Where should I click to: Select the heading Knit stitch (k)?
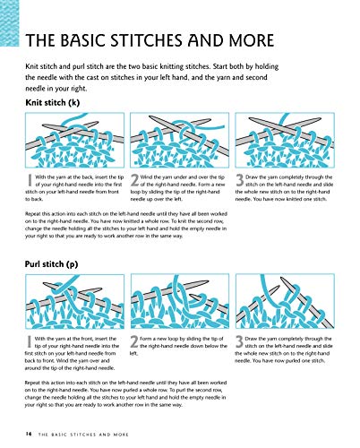click(53, 103)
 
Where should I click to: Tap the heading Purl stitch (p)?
click(51, 264)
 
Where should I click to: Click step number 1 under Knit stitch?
click(30, 180)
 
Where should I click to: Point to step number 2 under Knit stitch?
click(134, 180)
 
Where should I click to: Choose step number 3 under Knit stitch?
click(240, 180)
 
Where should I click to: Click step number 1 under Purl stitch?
click(30, 342)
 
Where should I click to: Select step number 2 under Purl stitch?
click(134, 342)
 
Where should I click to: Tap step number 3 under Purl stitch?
click(239, 342)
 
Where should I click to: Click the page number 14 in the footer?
click(29, 434)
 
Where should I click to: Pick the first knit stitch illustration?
click(74, 140)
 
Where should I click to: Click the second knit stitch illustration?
click(180, 140)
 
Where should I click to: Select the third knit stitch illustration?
click(285, 140)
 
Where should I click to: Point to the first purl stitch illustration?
click(74, 302)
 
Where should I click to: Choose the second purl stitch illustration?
click(180, 302)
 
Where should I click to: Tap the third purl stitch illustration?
click(285, 302)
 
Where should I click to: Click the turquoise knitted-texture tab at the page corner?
click(9, 23)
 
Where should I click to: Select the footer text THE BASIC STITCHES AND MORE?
click(83, 435)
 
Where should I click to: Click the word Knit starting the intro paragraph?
click(31, 66)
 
